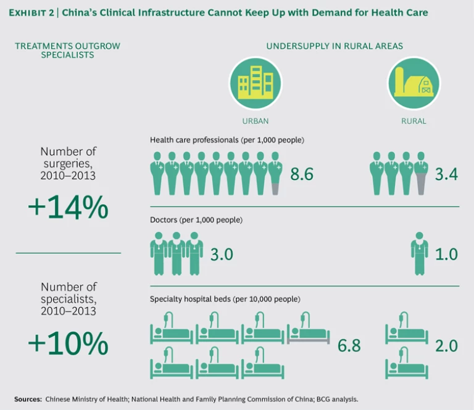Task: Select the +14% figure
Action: pyautogui.click(x=68, y=208)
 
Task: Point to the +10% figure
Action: pyautogui.click(x=68, y=343)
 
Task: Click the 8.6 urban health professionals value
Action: pyautogui.click(x=302, y=175)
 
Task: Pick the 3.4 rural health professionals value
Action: pyautogui.click(x=446, y=175)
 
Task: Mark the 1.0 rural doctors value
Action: pyautogui.click(x=446, y=254)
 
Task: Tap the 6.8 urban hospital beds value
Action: pyautogui.click(x=349, y=346)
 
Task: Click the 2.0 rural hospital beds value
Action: pyautogui.click(x=446, y=346)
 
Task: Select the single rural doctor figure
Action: pyautogui.click(x=420, y=253)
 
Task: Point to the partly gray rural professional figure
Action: pyautogui.click(x=421, y=173)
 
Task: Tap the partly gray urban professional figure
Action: pyautogui.click(x=275, y=173)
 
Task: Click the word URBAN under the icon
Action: pyautogui.click(x=255, y=121)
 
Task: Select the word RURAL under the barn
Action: pyautogui.click(x=414, y=121)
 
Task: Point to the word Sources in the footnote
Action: pyautogui.click(x=28, y=399)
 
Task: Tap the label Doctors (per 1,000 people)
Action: pyautogui.click(x=196, y=220)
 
